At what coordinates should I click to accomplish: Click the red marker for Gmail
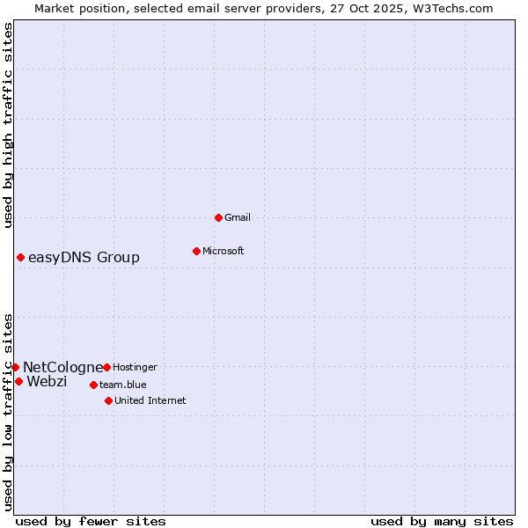(218, 217)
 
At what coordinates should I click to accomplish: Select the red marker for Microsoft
(196, 251)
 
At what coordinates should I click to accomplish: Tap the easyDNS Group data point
(20, 257)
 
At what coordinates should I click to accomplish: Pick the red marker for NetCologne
(15, 367)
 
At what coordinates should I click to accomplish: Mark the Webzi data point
(18, 381)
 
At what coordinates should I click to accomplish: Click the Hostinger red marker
(106, 367)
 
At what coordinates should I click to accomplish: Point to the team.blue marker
(93, 385)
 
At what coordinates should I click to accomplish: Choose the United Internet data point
(108, 400)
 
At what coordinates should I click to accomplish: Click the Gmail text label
(238, 217)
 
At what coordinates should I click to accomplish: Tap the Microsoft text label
(224, 251)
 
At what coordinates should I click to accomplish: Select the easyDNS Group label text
(84, 257)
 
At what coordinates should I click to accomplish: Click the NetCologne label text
(62, 367)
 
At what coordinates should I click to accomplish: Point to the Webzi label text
(47, 381)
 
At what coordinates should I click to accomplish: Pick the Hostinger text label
(135, 367)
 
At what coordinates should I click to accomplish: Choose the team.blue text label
(122, 385)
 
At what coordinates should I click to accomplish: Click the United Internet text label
(150, 400)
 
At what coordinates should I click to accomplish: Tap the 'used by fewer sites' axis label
(91, 521)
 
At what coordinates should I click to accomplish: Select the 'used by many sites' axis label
(442, 521)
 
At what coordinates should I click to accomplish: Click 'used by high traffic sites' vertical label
(8, 125)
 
